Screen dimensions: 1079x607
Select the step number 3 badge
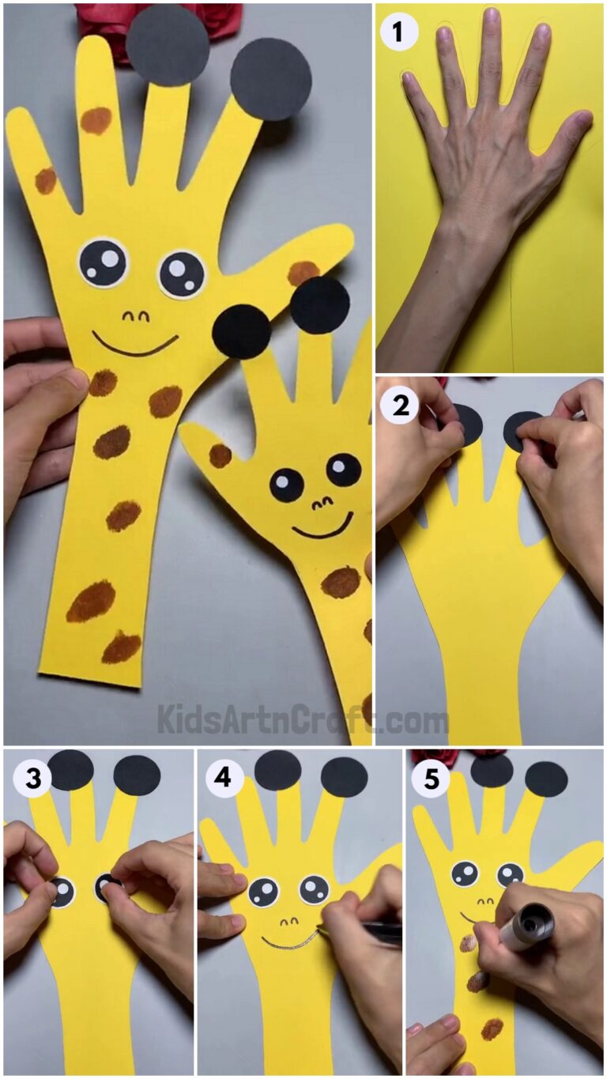pyautogui.click(x=32, y=779)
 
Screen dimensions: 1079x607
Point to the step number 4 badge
pyautogui.click(x=225, y=779)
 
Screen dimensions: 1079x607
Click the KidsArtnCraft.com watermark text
pyautogui.click(x=303, y=720)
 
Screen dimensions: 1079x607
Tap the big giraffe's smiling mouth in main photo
pyautogui.click(x=134, y=345)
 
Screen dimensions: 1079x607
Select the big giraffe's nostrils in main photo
pyautogui.click(x=135, y=316)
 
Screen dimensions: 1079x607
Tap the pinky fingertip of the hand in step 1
pyautogui.click(x=410, y=79)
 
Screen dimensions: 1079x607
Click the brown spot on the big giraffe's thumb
pyautogui.click(x=303, y=273)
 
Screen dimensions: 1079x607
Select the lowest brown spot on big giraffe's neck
pyautogui.click(x=121, y=647)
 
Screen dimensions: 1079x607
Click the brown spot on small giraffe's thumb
pyautogui.click(x=220, y=455)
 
